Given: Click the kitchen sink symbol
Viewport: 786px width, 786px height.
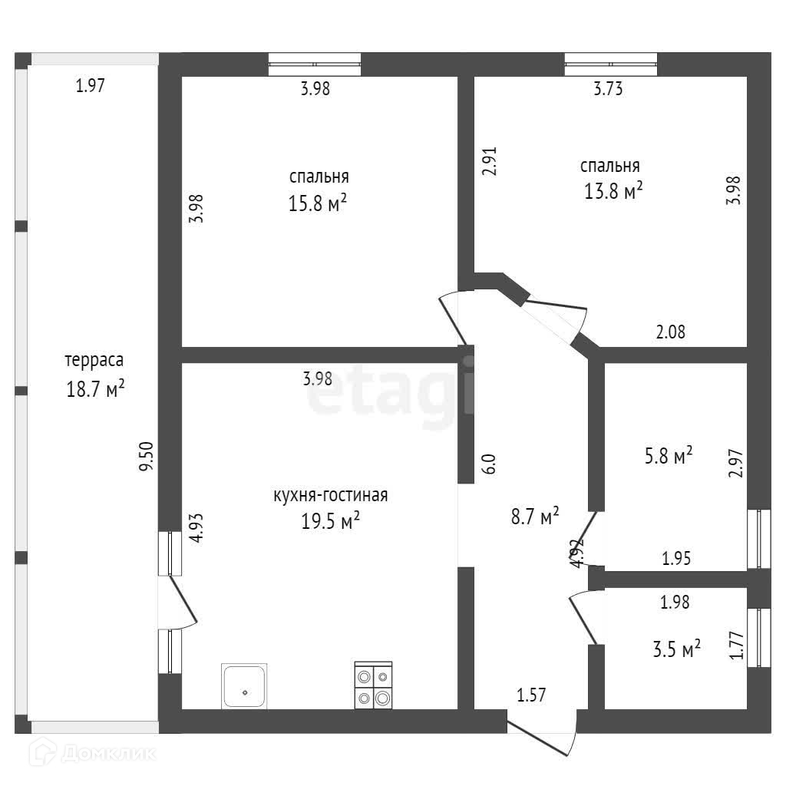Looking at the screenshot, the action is point(245,686).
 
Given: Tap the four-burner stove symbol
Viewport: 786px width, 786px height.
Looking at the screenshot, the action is point(373,685).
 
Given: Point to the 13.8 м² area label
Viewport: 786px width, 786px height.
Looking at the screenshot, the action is point(613,191).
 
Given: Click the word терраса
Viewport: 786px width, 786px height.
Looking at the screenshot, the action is point(94,359).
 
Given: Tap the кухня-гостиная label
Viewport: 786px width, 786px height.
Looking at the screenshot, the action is point(331,495).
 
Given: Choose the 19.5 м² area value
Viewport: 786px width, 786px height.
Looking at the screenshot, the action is point(331,522).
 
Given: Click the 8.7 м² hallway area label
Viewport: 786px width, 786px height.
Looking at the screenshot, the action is point(535,517).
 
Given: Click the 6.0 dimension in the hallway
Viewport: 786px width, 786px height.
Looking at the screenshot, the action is point(489,464).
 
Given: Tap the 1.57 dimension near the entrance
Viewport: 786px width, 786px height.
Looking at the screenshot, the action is point(531,695).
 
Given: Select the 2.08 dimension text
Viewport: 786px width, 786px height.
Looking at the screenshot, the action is point(670,332).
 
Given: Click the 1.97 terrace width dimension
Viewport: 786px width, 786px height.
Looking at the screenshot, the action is point(90,86).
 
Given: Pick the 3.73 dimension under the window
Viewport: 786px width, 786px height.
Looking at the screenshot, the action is point(608,89).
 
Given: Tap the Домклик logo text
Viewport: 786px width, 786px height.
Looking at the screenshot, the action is point(107,754).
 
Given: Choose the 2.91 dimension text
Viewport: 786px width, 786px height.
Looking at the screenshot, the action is point(489,161).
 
